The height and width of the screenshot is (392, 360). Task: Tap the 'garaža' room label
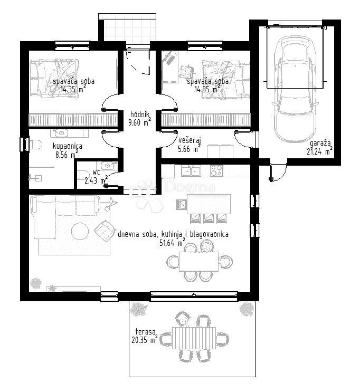click(320, 143)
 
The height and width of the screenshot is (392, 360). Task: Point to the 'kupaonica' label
click(67, 146)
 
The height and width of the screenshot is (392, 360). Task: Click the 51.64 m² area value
click(170, 243)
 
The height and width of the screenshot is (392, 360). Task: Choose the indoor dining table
click(198, 260)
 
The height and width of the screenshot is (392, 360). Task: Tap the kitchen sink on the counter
click(191, 170)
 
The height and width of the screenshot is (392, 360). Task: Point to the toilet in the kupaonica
click(35, 144)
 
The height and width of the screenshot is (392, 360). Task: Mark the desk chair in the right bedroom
click(187, 70)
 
